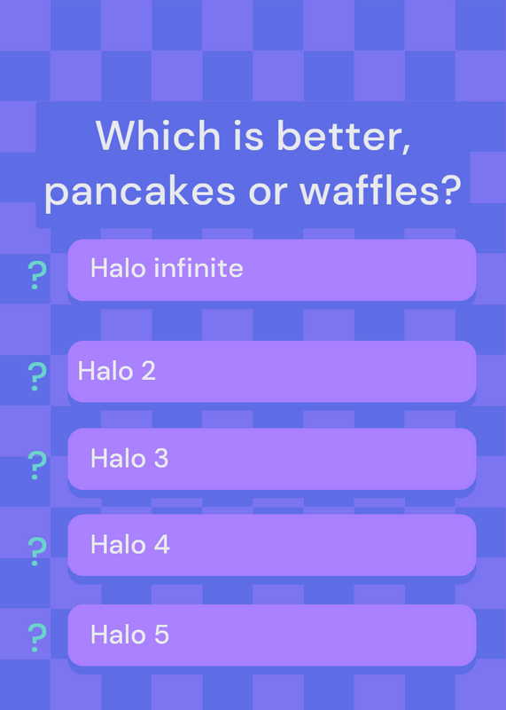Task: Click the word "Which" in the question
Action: coord(158,136)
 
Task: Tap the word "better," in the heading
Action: coord(343,138)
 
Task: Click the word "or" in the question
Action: coord(268,193)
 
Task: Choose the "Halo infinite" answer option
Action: coord(272,270)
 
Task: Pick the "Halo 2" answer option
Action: coord(272,371)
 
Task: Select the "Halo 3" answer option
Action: coord(272,459)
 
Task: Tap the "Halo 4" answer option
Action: coord(272,545)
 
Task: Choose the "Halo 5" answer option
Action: coord(272,635)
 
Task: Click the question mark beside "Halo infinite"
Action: coord(37,275)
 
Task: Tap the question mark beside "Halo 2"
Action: coord(37,376)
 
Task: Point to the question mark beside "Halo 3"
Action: coord(37,465)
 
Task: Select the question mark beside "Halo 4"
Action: coord(37,551)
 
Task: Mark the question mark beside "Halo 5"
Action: coord(37,637)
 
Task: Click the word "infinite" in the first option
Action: coord(199,268)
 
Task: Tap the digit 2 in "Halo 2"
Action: coord(148,370)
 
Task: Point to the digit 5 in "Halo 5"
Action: coord(161,635)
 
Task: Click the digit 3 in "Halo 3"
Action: coord(160,458)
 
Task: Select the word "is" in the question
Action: coord(248,136)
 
